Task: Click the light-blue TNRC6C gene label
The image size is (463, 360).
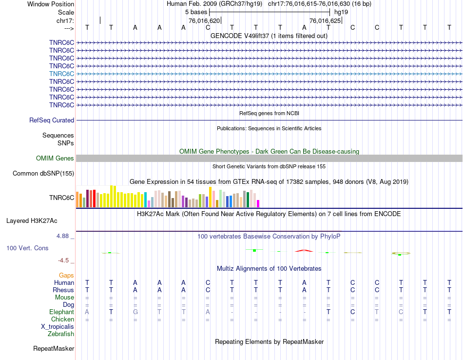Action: pos(61,74)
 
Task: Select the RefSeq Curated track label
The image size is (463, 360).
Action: pos(52,120)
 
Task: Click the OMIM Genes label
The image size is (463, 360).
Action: pos(55,158)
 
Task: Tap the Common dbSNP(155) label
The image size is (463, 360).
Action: pos(43,173)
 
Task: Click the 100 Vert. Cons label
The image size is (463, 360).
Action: pos(27,248)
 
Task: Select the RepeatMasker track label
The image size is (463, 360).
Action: pos(54,348)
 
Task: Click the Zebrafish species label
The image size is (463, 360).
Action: pos(61,334)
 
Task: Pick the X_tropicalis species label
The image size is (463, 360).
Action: pos(58,327)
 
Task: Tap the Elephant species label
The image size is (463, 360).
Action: pos(61,312)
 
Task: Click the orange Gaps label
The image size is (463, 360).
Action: pos(66,276)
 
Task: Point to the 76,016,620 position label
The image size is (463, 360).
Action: pos(204,21)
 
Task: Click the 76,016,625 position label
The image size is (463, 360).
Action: pos(325,21)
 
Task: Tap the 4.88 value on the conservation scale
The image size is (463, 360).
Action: pos(65,236)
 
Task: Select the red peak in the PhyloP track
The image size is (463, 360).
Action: pos(303,251)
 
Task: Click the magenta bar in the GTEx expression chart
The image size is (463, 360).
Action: pos(258,203)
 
